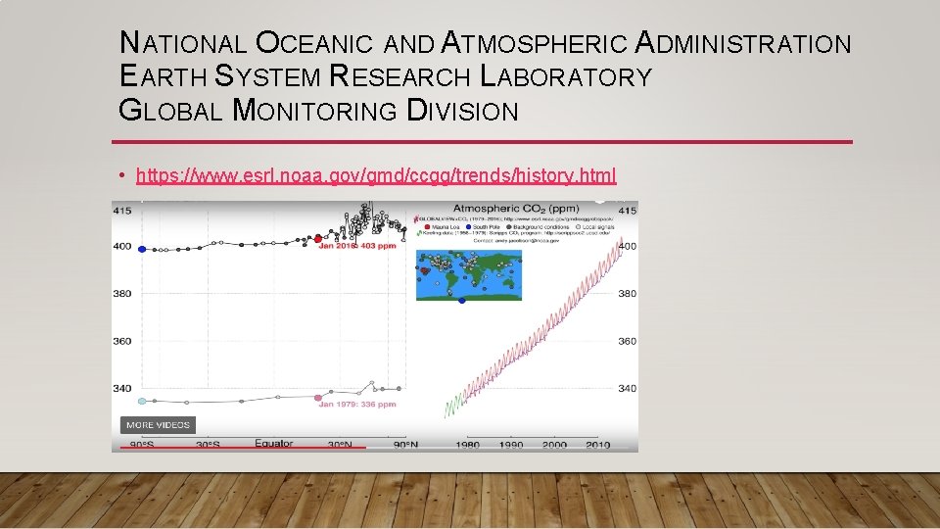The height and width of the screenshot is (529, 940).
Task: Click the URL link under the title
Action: click(x=376, y=175)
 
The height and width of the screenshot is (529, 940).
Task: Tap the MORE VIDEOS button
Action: click(x=158, y=425)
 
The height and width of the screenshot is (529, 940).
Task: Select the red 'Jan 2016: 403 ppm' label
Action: click(x=357, y=246)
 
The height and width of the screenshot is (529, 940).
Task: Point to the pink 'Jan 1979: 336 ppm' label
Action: click(x=356, y=404)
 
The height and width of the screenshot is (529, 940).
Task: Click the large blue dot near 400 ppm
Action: click(x=142, y=249)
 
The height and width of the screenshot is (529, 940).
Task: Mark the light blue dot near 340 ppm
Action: click(x=142, y=401)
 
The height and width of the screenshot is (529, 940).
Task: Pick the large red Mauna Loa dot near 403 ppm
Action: click(x=318, y=238)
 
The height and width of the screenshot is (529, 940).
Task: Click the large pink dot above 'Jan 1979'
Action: click(x=318, y=398)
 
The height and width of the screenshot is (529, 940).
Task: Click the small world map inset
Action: click(x=468, y=274)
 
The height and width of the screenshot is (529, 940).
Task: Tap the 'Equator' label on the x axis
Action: click(x=273, y=444)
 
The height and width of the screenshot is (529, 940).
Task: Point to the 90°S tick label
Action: click(x=142, y=445)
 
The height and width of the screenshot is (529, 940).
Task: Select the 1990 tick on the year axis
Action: click(x=510, y=445)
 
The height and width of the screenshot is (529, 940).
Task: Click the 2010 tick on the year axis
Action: click(x=596, y=445)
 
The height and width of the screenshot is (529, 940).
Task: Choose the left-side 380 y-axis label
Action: click(x=123, y=294)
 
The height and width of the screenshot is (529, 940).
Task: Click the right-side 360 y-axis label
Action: click(x=627, y=341)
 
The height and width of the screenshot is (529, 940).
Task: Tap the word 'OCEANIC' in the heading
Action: click(x=314, y=45)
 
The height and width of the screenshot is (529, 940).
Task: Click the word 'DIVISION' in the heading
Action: click(x=461, y=112)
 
